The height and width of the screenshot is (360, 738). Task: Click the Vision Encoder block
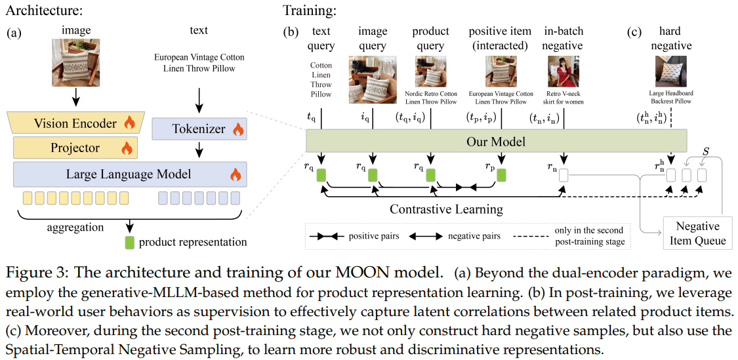[75, 123]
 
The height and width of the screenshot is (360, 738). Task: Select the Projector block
[75, 148]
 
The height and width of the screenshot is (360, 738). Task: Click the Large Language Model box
[129, 174]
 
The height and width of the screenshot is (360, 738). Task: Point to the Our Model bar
[496, 142]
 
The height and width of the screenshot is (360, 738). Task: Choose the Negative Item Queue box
[697, 233]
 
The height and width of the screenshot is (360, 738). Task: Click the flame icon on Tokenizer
[238, 130]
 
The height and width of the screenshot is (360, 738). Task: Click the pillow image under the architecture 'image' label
[76, 64]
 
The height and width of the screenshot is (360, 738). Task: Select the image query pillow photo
[373, 80]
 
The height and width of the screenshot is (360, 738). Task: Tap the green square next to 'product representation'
[129, 242]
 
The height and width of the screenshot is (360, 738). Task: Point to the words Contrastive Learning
[446, 210]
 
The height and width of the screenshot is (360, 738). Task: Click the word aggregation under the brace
[75, 228]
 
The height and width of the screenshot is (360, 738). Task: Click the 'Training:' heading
[309, 10]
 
